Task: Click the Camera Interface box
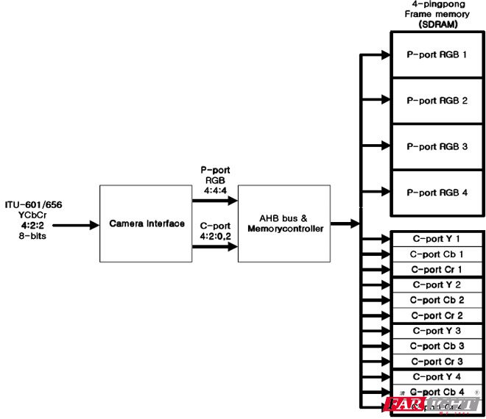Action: tap(146, 223)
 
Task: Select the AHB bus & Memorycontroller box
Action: tap(284, 223)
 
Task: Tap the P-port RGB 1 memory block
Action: tap(436, 54)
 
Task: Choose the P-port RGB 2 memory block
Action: tap(436, 101)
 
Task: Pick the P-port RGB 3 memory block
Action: tap(436, 146)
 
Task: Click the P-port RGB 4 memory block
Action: tap(436, 193)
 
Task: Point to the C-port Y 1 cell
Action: tap(436, 239)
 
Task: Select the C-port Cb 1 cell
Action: tap(436, 254)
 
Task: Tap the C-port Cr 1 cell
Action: tap(436, 270)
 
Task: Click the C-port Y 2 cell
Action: tap(436, 284)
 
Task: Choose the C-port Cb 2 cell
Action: tap(436, 300)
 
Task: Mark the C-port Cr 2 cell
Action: tap(436, 315)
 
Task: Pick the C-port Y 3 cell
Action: tap(436, 331)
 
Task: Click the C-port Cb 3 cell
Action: tap(436, 345)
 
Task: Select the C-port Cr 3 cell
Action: tap(436, 361)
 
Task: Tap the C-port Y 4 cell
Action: tap(436, 376)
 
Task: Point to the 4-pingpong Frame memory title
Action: tap(436, 14)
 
